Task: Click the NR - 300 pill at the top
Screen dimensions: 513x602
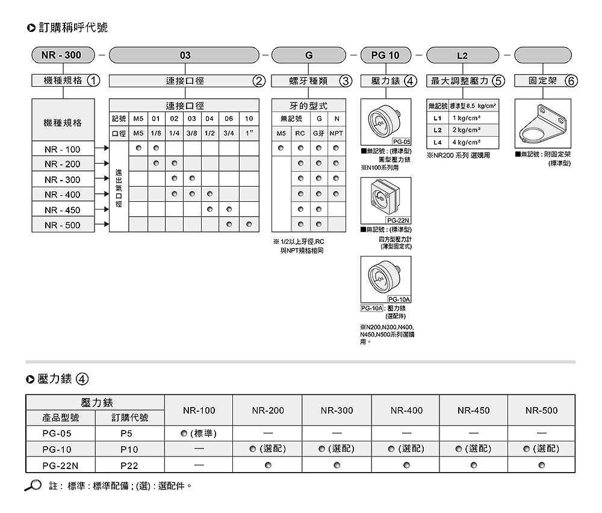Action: tap(63, 55)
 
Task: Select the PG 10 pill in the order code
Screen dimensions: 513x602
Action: tap(385, 55)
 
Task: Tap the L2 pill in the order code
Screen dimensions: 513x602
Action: tap(462, 55)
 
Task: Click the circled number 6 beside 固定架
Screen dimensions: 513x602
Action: tap(571, 81)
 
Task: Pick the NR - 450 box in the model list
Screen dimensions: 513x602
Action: tap(62, 210)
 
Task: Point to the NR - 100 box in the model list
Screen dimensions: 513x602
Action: tap(62, 149)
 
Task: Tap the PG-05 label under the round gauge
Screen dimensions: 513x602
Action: tap(400, 141)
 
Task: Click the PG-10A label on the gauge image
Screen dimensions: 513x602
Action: tap(399, 299)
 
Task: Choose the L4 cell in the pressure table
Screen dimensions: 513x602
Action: tap(438, 142)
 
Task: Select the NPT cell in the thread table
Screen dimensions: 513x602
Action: tap(337, 133)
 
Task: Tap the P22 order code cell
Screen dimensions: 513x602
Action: tap(129, 465)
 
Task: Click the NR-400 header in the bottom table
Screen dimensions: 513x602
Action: tap(406, 411)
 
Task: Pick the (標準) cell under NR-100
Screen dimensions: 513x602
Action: tap(199, 434)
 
